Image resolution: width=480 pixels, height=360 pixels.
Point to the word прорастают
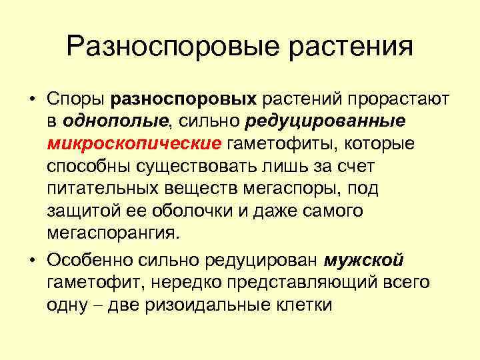point(388,99)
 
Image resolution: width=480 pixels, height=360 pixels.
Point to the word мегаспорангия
point(113,234)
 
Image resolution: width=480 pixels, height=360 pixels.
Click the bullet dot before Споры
point(32,99)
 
